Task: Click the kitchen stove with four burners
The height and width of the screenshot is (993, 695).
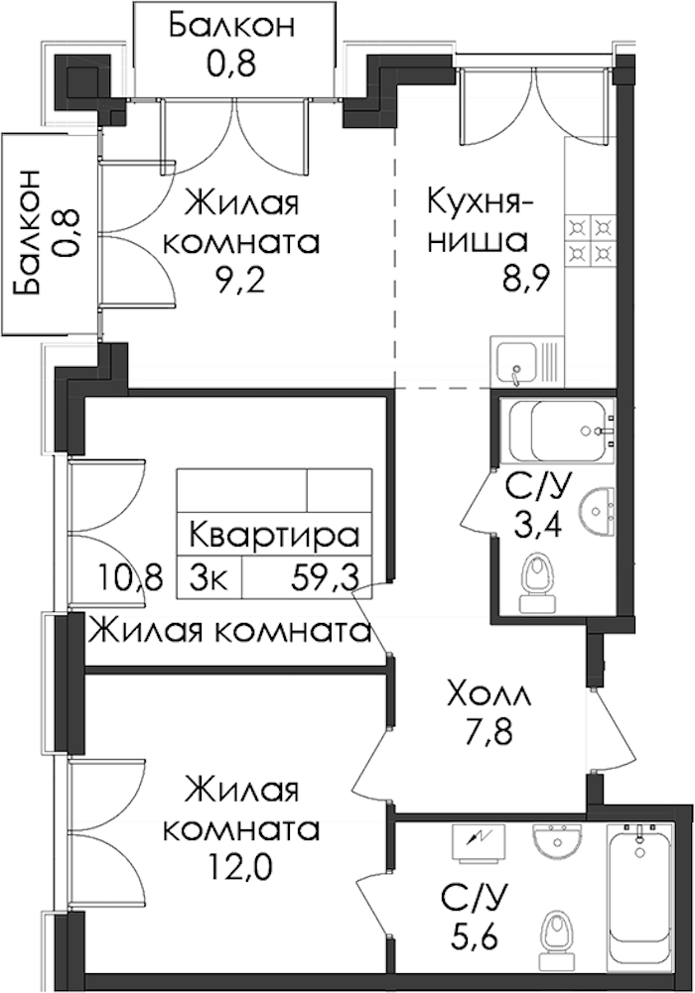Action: pos(589,241)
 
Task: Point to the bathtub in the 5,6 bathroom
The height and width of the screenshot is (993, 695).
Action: pos(638,901)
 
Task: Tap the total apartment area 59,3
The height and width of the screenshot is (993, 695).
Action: pos(325,577)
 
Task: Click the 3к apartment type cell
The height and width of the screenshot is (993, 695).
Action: pos(208,577)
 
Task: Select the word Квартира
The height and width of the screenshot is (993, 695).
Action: pos(274,536)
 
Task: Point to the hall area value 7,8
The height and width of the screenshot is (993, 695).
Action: pos(487,735)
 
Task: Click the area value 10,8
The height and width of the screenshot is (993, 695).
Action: pos(130,577)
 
